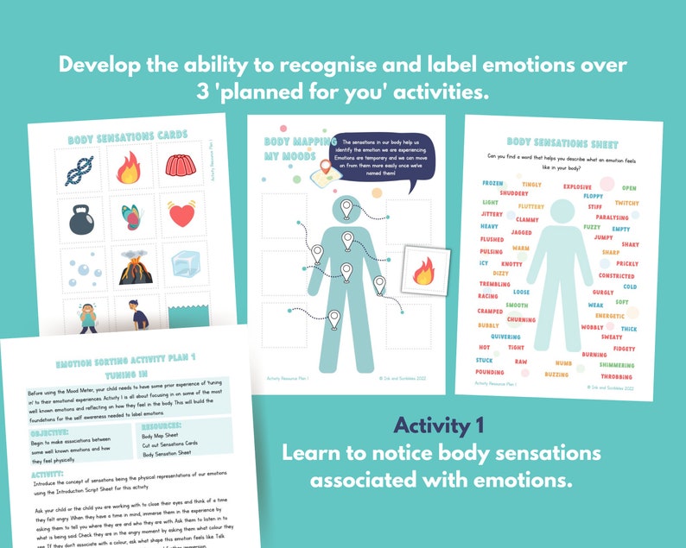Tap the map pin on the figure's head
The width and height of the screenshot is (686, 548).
tap(346, 207)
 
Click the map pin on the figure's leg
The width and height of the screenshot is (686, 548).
tap(335, 321)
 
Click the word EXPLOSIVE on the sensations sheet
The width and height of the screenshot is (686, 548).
tap(577, 186)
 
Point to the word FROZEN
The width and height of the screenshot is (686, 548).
tap(492, 183)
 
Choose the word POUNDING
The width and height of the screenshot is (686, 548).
tap(490, 372)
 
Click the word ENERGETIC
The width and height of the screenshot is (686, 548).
tap(610, 316)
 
